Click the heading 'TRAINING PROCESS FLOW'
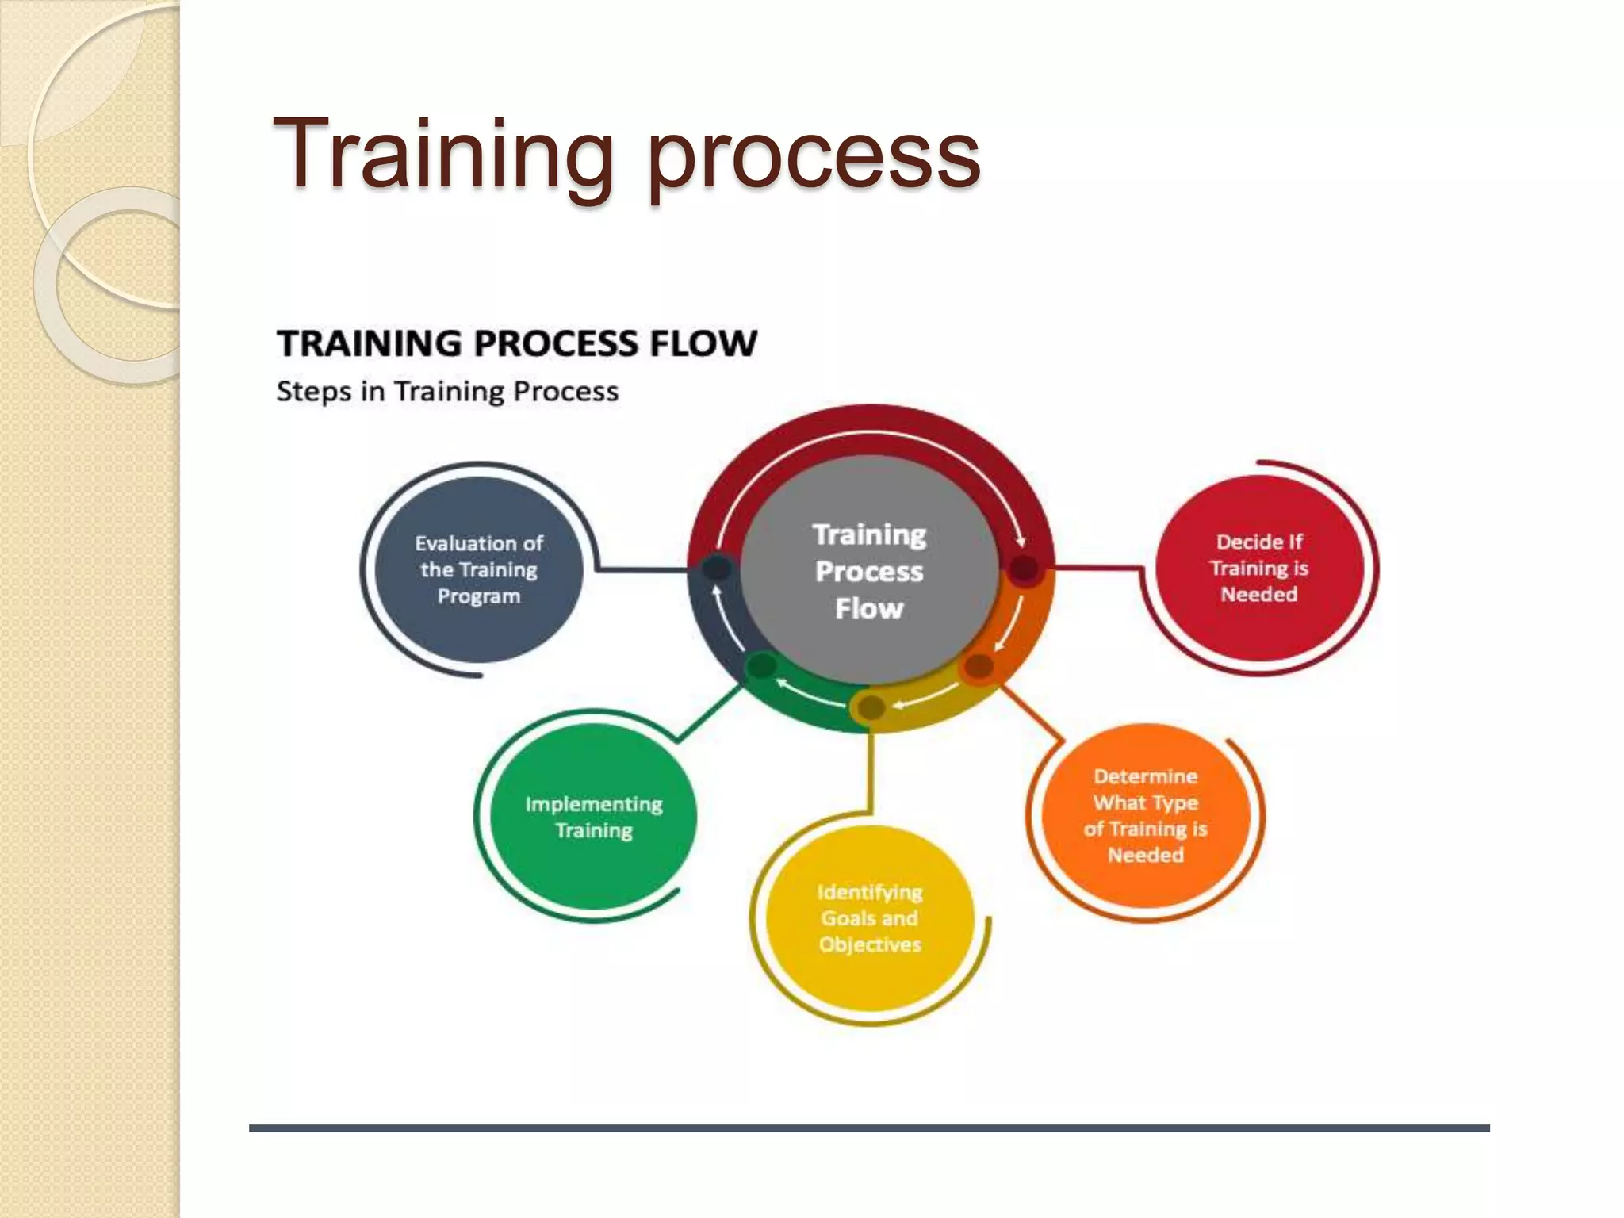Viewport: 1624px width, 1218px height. pos(517,343)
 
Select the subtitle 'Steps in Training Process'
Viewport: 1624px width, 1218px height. pos(447,392)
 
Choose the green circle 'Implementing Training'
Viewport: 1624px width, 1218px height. pos(593,817)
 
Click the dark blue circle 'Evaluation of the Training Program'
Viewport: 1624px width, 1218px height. pos(479,569)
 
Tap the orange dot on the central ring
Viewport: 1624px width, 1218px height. pos(979,666)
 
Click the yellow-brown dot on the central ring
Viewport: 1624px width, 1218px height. pos(871,707)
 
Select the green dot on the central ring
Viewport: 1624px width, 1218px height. pos(761,665)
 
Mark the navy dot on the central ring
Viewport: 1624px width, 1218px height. pos(717,568)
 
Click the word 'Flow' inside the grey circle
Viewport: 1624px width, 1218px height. pos(869,609)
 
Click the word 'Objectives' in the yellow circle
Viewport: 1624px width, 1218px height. pos(870,944)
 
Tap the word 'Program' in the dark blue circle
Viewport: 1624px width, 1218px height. pos(479,596)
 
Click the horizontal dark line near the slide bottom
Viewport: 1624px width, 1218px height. pos(869,1128)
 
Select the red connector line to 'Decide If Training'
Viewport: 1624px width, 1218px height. pos(1098,568)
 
